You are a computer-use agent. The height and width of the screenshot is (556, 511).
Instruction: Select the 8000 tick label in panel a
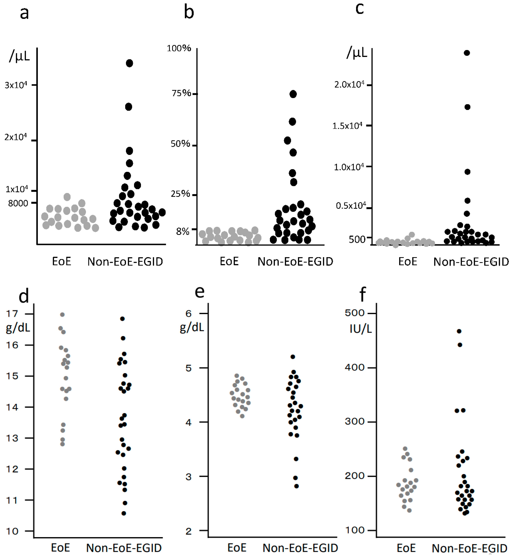18,203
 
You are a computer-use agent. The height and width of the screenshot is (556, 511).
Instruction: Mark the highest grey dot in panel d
62,315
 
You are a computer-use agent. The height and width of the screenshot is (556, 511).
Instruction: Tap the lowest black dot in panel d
124,513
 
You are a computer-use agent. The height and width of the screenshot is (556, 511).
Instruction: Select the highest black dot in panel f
459,331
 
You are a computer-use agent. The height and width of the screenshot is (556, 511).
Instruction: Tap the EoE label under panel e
237,548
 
